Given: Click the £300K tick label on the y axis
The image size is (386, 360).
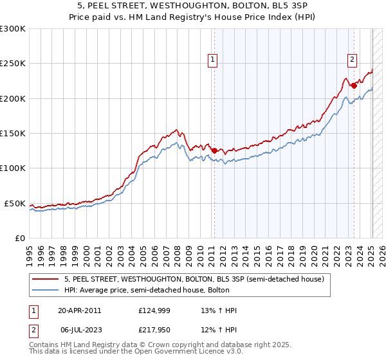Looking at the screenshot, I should point(13,29).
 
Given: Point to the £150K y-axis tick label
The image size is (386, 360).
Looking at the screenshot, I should point(13,134).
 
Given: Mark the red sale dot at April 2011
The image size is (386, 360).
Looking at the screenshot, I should point(214,150).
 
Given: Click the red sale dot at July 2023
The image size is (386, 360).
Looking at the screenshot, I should point(354,85).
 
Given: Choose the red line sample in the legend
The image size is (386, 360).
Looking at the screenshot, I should point(46,279).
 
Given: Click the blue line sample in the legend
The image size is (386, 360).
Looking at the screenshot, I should point(46,290).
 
